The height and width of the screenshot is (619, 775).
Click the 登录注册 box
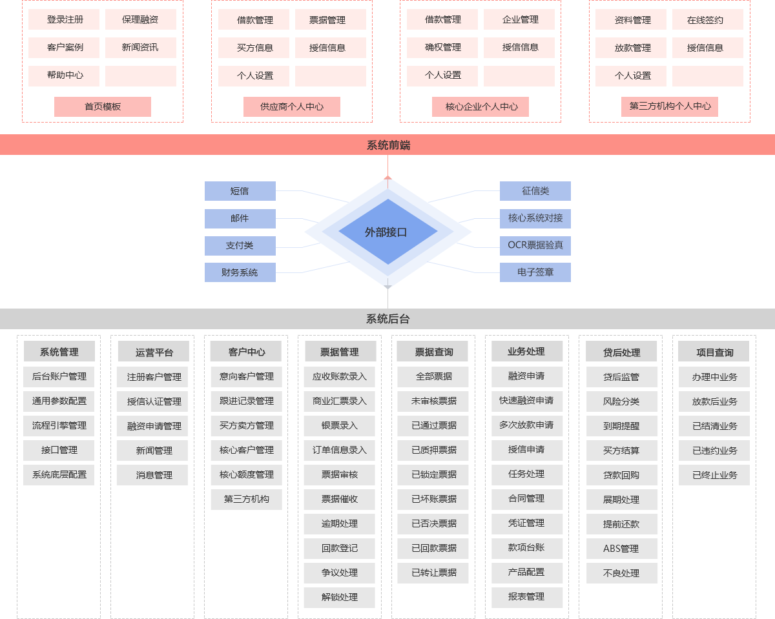[64, 19]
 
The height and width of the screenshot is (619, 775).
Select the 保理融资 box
[140, 19]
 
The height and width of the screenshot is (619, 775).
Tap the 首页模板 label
[103, 107]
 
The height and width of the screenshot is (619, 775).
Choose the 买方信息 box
[254, 48]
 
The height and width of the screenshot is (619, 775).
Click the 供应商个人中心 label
[292, 107]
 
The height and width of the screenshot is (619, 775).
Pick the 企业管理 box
[519, 19]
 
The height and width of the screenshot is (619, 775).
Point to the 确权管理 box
[442, 47]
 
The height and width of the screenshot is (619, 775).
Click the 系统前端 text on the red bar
[388, 145]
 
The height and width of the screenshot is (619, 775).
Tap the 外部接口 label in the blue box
[386, 232]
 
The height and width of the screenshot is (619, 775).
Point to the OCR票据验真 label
[535, 245]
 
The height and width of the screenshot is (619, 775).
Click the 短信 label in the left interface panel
[240, 191]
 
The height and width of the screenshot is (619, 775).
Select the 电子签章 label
[535, 272]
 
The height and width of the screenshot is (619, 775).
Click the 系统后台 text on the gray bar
[387, 319]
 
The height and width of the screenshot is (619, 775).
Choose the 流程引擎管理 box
[59, 425]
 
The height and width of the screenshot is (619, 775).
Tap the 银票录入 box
[340, 425]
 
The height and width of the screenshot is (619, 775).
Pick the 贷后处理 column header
[621, 352]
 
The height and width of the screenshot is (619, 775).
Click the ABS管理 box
[621, 549]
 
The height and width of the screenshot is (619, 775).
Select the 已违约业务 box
[714, 451]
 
